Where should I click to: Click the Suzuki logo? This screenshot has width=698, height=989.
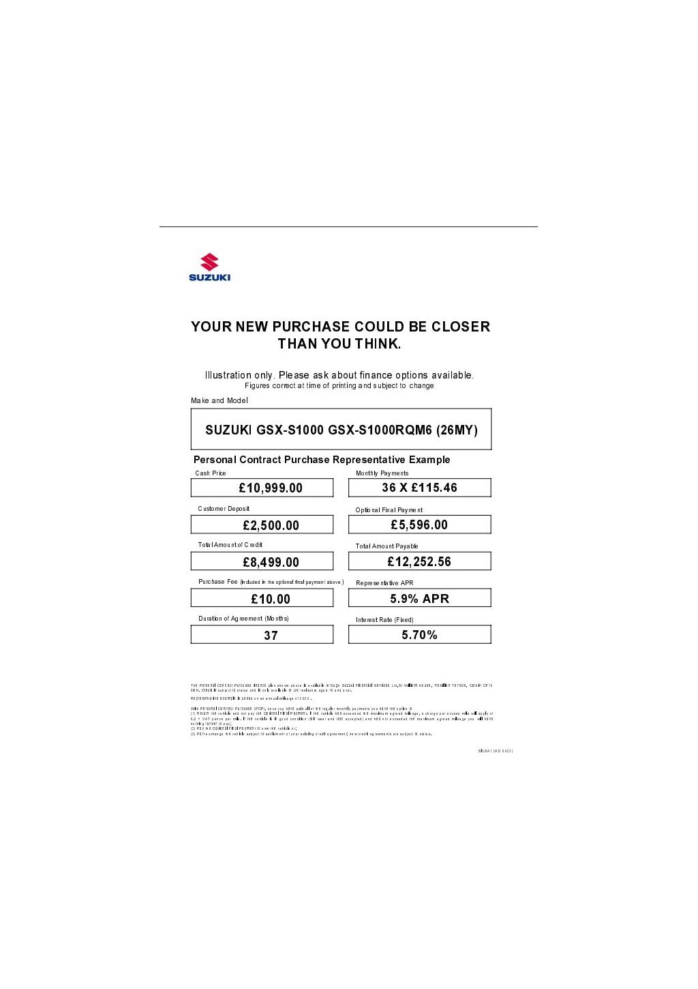point(209,267)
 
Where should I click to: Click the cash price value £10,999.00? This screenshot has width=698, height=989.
point(271,488)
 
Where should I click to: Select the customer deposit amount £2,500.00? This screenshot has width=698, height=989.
point(271,525)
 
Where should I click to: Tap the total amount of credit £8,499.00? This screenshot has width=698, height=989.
point(271,562)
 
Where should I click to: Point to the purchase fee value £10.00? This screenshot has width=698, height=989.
point(271,599)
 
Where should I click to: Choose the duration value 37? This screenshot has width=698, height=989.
point(271,635)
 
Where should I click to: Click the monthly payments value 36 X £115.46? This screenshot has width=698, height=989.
point(419,488)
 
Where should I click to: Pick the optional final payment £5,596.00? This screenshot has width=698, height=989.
point(419,525)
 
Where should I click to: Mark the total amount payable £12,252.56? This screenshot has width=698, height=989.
point(419,561)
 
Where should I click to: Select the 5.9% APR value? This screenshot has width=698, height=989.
point(419,598)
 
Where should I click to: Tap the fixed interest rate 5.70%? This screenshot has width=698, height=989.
point(419,635)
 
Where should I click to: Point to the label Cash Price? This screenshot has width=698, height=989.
point(211,473)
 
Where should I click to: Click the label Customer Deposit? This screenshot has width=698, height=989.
point(224,509)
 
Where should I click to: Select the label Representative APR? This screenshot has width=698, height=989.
point(384,583)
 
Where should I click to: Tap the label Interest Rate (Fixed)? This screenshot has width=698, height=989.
point(384,620)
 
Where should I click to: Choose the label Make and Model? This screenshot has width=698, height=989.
point(219,400)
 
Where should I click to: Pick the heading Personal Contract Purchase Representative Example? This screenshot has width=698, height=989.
point(322,460)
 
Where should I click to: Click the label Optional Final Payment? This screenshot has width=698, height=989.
point(389,510)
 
